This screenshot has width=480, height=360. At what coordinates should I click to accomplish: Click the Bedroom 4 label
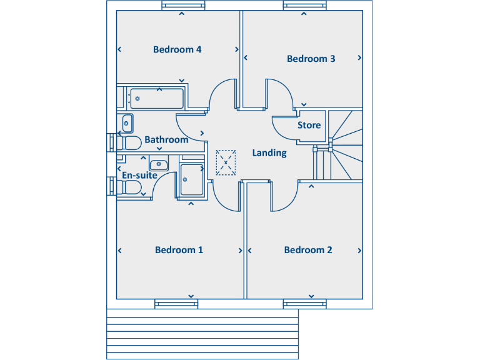[177, 49]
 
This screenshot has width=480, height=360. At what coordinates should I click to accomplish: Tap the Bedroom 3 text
[311, 59]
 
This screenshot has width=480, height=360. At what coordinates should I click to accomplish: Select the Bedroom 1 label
[179, 250]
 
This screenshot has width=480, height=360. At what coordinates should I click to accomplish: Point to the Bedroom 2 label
[308, 250]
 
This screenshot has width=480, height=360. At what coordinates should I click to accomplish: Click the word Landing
[269, 152]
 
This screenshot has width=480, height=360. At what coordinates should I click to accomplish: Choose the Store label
[309, 125]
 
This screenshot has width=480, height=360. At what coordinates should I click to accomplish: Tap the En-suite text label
[139, 175]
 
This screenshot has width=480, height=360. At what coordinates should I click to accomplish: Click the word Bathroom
[166, 139]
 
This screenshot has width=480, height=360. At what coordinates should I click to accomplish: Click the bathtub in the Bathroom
[156, 98]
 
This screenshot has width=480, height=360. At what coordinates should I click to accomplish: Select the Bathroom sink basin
[127, 123]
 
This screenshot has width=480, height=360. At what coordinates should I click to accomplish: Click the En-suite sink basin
[159, 165]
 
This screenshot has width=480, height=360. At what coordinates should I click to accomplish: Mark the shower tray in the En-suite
[191, 181]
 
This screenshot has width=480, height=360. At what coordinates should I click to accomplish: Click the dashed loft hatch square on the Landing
[226, 162]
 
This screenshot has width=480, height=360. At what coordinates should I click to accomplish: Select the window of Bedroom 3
[306, 6]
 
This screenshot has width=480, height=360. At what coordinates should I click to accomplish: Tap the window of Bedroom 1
[176, 304]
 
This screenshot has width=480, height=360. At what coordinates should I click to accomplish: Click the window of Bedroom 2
[305, 304]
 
